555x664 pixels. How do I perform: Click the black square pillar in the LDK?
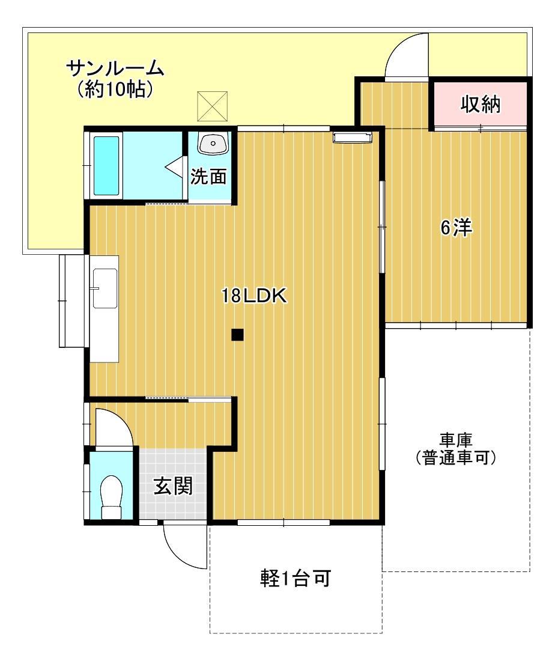click(238, 335)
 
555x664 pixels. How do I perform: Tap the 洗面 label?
click(209, 177)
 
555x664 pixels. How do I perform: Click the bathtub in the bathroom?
click(106, 165)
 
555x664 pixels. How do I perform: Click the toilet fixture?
click(111, 496)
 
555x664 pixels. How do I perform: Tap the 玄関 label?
click(174, 486)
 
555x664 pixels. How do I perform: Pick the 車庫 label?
click(456, 440)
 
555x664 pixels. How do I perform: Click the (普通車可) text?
click(456, 458)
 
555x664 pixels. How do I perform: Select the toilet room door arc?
click(114, 427)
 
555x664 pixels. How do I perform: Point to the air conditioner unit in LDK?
click(354, 138)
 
